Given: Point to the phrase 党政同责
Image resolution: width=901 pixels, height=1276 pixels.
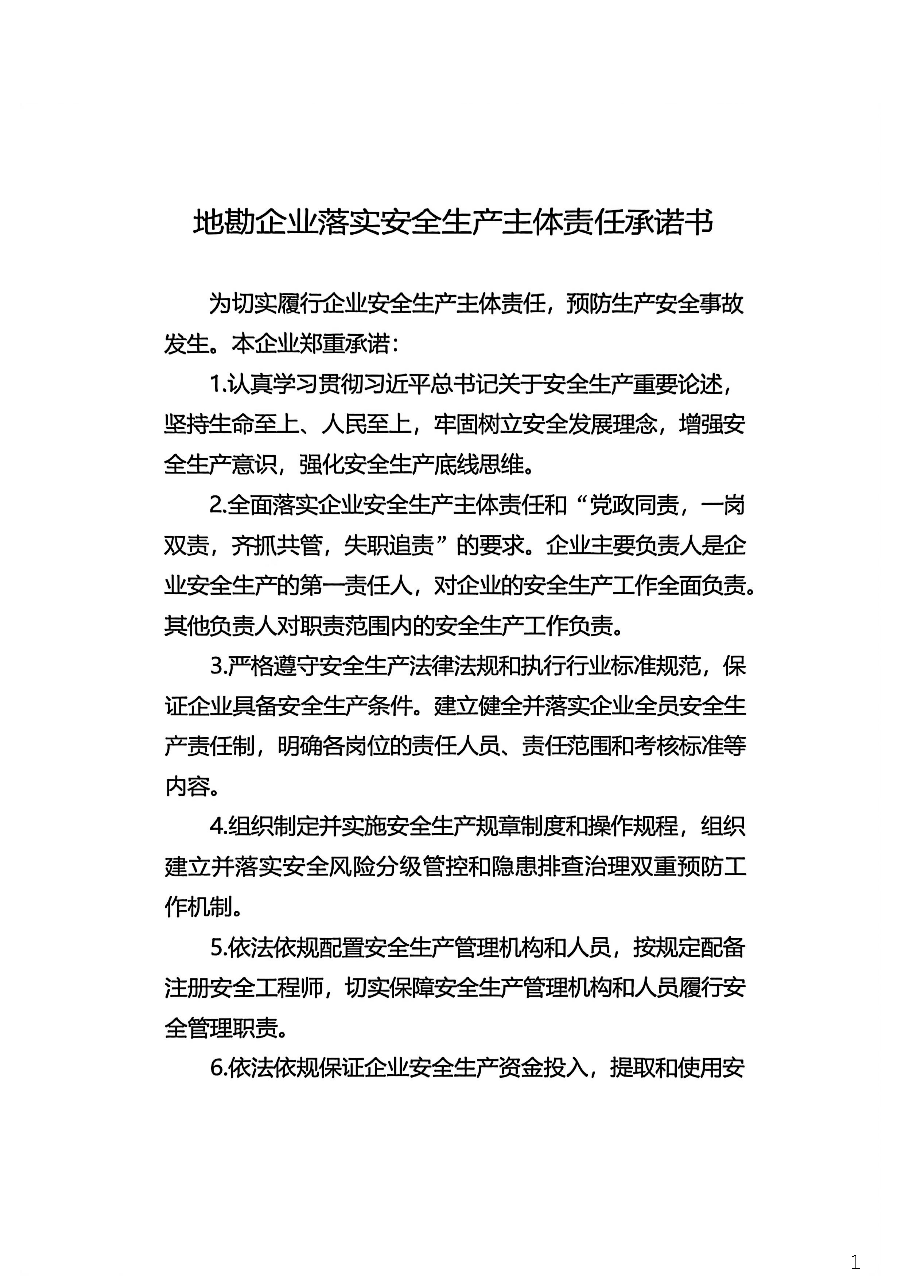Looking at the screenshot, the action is [633, 505].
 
